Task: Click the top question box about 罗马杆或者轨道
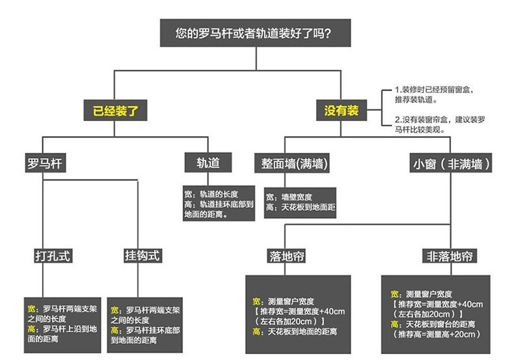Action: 256,32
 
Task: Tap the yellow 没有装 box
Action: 341,110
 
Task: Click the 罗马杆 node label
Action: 43,162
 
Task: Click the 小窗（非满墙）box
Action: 450,163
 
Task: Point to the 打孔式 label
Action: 52,255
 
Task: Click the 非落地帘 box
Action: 449,255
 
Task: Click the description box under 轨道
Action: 212,204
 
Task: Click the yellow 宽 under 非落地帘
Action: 395,294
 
